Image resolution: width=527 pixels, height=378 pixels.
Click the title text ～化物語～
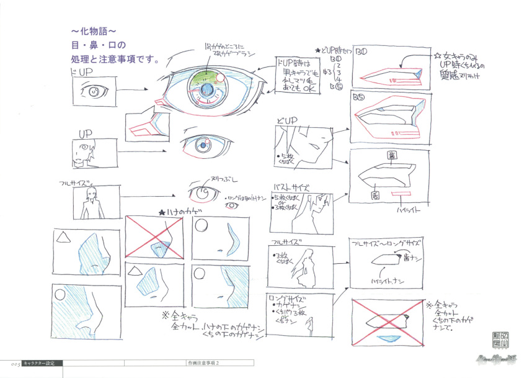coord(93,31)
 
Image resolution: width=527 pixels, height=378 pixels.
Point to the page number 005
coord(11,363)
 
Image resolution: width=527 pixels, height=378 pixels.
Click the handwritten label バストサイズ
coord(291,187)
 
